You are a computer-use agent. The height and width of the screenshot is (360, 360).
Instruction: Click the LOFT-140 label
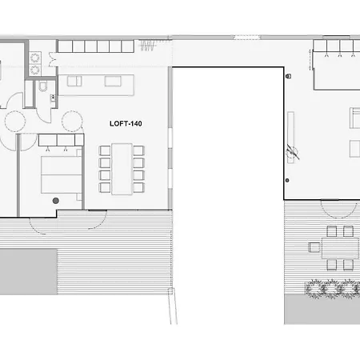pos(126,123)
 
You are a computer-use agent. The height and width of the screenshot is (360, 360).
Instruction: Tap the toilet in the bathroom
pos(42,86)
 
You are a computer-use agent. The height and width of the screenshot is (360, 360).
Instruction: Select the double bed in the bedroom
pos(61,174)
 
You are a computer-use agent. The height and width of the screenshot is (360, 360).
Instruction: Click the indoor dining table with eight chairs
pos(122,169)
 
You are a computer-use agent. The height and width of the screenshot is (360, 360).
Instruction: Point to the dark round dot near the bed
pos(56,201)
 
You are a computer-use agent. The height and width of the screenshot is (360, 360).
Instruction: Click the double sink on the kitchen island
pos(74,81)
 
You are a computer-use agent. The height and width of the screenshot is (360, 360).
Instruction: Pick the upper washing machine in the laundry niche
pos(35,58)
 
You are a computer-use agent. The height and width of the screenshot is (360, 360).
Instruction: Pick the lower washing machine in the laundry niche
pos(35,70)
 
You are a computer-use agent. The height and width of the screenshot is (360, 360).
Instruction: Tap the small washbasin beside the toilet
pos(53,98)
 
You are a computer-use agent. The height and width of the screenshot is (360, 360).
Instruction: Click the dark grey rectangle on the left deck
pos(29,271)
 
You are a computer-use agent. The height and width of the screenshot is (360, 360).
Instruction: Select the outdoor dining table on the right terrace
pos(340,248)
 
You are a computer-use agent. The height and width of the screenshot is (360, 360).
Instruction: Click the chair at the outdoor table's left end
pos(314,247)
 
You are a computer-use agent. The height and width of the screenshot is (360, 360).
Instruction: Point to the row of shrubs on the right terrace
pos(332,288)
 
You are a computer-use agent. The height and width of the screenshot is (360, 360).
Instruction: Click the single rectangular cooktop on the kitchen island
pos(113,81)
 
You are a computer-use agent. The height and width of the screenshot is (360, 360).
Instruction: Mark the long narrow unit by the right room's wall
pos(290,138)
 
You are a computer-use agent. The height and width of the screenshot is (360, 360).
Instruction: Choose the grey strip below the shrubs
pos(322,310)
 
